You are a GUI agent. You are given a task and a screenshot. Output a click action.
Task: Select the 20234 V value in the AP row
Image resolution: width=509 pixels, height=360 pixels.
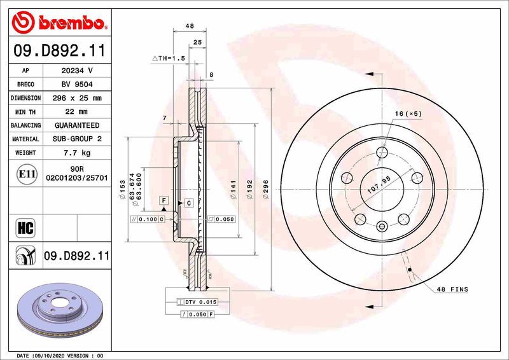(77, 71)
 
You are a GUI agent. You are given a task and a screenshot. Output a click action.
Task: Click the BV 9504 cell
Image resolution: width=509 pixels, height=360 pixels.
(77, 85)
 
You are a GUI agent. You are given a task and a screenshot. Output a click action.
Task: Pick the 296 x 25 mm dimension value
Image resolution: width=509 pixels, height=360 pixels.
(77, 99)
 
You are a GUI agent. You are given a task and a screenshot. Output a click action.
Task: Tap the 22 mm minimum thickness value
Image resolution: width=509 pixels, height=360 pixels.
(77, 112)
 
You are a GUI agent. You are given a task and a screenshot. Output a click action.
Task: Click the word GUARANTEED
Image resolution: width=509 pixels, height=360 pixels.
(77, 126)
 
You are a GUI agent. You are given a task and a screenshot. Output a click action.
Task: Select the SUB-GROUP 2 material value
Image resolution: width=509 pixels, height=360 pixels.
(77, 139)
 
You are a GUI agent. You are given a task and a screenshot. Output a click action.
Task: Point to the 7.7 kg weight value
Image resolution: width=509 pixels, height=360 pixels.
(77, 153)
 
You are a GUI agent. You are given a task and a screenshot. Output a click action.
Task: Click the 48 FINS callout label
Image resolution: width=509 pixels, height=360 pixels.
(452, 289)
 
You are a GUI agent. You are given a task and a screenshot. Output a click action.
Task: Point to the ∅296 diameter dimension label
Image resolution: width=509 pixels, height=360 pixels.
(266, 188)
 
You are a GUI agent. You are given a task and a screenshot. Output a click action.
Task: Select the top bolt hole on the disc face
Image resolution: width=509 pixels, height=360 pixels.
(382, 153)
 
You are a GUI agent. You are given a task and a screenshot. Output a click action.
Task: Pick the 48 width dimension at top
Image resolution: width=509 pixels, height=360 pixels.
(189, 27)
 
